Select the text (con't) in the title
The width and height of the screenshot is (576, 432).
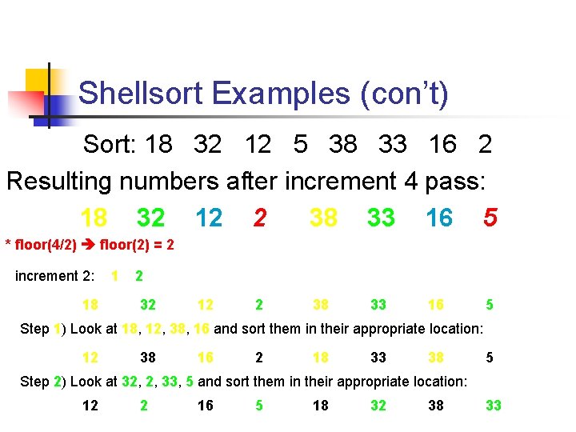coord(404,94)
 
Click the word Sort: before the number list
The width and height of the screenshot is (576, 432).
coord(111,144)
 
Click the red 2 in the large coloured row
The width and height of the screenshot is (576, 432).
coord(259,218)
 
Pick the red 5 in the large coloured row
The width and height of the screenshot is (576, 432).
coord(490,218)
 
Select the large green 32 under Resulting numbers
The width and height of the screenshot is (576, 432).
coord(151,218)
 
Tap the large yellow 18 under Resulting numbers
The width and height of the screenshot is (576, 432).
coord(94,218)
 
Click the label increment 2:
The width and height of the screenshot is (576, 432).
coord(54,276)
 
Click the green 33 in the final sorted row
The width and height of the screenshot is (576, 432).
coord(494,406)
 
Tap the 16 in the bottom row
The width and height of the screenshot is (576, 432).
coord(206,406)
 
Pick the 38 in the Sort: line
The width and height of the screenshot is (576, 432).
coord(342,144)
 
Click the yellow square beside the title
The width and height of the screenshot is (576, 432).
coord(37,80)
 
